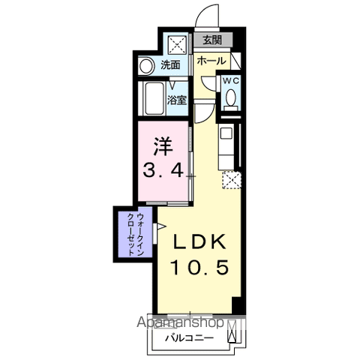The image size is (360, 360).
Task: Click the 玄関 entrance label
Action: click(212, 40)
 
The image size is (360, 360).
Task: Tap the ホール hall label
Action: click(211, 61)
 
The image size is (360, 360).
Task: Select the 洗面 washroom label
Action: click(170, 64)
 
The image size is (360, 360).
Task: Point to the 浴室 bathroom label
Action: click(177, 100)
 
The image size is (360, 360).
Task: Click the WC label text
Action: click(231, 81)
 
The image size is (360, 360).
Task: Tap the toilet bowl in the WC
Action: click(231, 97)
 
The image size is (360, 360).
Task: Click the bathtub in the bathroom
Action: click(154, 98)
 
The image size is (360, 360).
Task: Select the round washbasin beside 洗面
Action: click(146, 66)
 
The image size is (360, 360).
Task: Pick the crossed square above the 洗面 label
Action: click(177, 45)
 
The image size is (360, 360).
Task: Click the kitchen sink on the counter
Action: click(226, 133)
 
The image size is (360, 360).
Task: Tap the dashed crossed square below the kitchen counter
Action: click(232, 180)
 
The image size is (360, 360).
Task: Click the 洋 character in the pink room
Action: click(163, 146)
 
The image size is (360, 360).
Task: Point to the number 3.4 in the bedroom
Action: click(163, 170)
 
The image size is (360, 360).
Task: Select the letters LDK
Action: click(199, 241)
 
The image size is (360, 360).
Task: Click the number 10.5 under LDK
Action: click(199, 267)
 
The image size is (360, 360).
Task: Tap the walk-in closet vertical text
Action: click(136, 234)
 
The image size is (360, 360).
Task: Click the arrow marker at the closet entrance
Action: click(160, 226)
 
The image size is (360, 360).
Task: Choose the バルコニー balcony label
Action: click(190, 338)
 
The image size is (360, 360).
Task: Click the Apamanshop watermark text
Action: click(180, 322)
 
